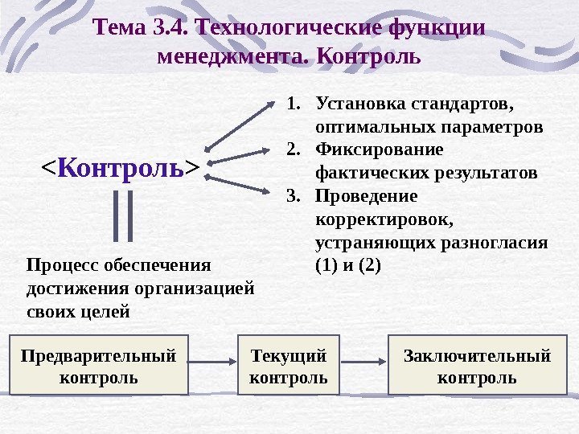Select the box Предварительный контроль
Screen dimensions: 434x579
[99, 366]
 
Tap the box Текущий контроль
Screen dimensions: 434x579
[289, 366]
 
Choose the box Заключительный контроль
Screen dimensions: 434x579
[477, 366]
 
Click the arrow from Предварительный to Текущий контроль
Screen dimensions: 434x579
[214, 366]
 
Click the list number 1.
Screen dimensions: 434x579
[294, 104]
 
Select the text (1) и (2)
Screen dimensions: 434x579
[348, 264]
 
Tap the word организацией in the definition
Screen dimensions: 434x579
[199, 287]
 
